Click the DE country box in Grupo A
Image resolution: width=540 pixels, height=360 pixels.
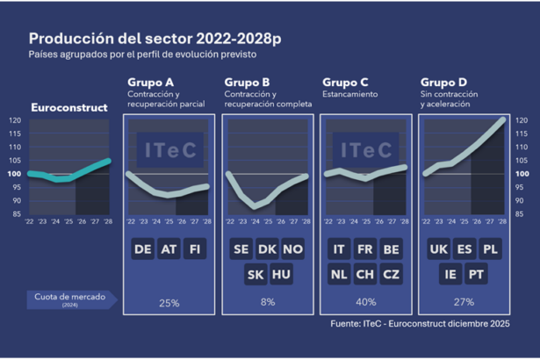point(143,249)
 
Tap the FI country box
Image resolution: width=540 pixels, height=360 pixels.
point(194,249)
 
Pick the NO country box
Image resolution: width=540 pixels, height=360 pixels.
point(292,249)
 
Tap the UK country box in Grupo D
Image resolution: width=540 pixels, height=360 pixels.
point(438,249)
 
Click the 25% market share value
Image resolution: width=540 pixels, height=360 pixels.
point(169,303)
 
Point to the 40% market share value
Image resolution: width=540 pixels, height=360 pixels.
point(365,303)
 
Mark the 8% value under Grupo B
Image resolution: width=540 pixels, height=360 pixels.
point(267,303)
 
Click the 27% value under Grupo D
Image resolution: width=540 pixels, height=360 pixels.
point(464,303)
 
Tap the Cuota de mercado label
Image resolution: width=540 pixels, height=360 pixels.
point(69,298)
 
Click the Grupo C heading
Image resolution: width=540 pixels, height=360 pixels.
point(345,82)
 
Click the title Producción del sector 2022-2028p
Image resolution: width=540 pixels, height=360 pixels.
point(155,40)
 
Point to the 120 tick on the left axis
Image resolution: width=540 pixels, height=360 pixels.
point(15,120)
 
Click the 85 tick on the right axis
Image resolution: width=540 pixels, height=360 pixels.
point(521,213)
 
